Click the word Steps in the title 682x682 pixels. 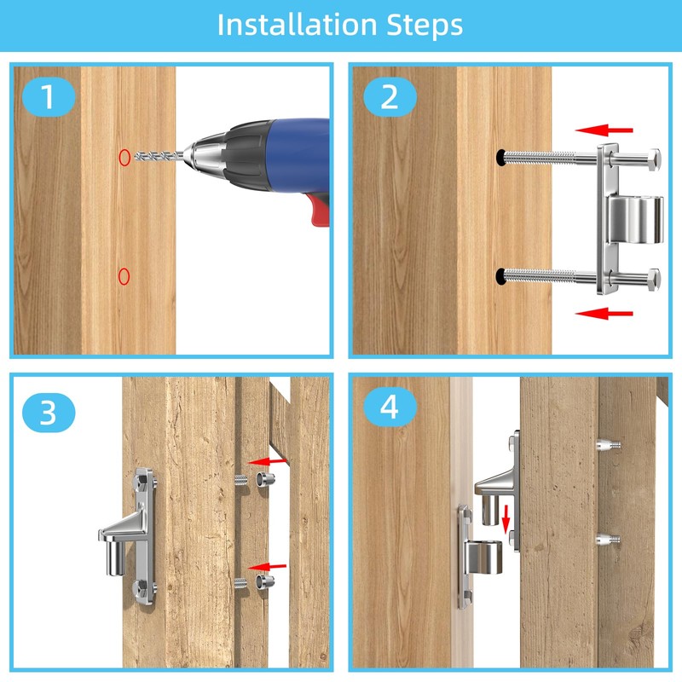(x=425, y=26)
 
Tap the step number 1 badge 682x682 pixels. (x=49, y=96)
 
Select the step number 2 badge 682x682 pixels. (x=390, y=96)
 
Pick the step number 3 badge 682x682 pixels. (x=49, y=413)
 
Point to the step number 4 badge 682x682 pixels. (x=390, y=407)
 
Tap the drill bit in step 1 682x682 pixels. (x=159, y=155)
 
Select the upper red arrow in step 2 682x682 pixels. (x=604, y=130)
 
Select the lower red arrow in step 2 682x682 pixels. (x=604, y=313)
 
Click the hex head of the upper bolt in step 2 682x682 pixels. (x=654, y=159)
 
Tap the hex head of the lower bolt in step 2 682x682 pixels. (x=654, y=279)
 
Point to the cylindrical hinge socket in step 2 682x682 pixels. (x=635, y=219)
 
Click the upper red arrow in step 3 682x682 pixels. (x=267, y=461)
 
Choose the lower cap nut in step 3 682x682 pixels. (x=264, y=581)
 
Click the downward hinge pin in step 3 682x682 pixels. (x=115, y=558)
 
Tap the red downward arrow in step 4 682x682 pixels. (x=506, y=519)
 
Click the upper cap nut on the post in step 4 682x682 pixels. (x=609, y=445)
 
